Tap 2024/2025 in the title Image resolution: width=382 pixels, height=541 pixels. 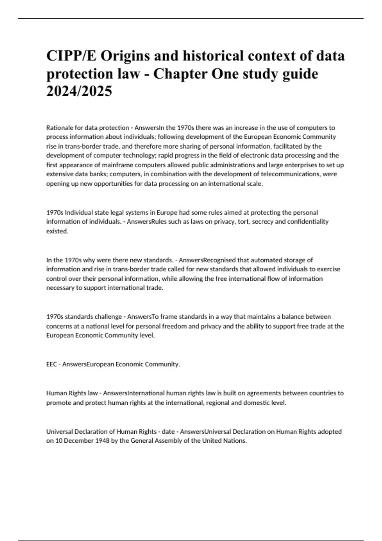tap(79, 92)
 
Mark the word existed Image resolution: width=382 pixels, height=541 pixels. tap(57, 231)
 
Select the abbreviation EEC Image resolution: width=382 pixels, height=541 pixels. tap(52, 364)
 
